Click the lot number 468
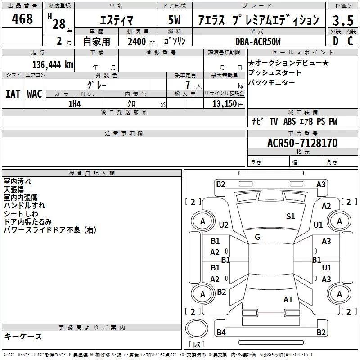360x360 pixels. point(22,18)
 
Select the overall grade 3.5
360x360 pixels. point(343,21)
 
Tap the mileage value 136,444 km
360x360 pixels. point(53,65)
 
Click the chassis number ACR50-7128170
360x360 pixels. point(302,143)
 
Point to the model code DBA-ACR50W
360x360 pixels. point(258,41)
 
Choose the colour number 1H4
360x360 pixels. point(75,104)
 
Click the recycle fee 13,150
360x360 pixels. point(224,104)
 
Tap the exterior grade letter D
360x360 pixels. point(336,41)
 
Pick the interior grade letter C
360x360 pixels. point(350,41)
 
